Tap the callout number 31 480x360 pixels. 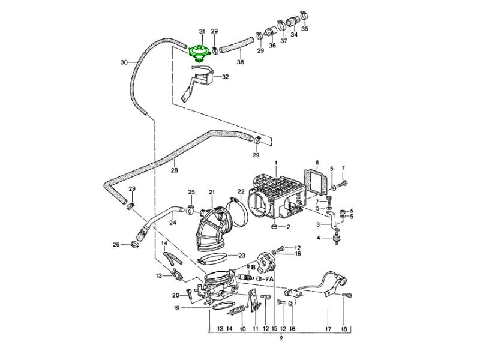point(202,31)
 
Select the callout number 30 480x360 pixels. point(124,62)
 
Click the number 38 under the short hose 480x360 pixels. point(241,62)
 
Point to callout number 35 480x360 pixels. point(305,29)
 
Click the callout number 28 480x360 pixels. point(175,170)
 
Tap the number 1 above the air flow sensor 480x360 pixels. point(276,163)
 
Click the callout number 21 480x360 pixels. point(212,192)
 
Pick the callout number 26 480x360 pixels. point(116,244)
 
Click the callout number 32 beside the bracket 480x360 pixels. point(226,77)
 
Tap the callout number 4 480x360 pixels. point(319,238)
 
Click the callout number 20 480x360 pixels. point(176,295)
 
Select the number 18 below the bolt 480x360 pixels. point(344,329)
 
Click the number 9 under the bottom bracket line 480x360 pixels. point(281,340)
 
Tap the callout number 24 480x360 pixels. point(172,223)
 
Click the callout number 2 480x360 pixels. point(288,227)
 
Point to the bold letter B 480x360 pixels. point(253,268)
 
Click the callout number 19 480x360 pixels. point(177,308)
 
